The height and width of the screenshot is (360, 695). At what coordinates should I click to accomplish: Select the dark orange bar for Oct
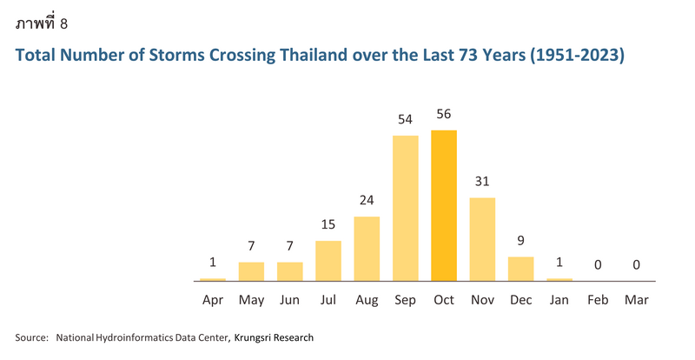click(x=444, y=205)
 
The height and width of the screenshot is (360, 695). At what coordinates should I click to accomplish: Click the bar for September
click(x=405, y=208)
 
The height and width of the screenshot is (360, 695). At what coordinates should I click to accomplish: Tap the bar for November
click(x=482, y=239)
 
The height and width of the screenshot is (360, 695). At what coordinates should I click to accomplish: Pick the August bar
click(x=367, y=249)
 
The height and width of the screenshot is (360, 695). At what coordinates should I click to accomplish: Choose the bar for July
click(x=328, y=261)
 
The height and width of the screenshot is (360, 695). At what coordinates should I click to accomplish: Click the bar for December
click(x=520, y=269)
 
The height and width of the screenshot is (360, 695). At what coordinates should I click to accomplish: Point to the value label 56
click(x=444, y=114)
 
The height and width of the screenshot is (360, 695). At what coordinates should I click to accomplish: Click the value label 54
click(x=405, y=119)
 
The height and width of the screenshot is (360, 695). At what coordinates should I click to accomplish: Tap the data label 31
click(x=482, y=181)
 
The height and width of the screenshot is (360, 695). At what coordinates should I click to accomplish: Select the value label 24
click(x=367, y=200)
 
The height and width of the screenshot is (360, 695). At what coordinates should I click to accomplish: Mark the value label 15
click(x=328, y=224)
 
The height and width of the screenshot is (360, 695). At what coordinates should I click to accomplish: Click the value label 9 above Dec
click(x=520, y=241)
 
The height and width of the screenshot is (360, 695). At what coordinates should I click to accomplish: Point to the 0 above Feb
click(x=598, y=265)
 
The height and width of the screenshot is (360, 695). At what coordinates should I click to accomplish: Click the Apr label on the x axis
click(x=213, y=301)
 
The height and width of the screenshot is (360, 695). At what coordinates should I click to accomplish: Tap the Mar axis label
click(x=637, y=300)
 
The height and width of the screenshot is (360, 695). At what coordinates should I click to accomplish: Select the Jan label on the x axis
click(x=559, y=300)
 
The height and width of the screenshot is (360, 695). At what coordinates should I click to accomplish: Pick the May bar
click(x=251, y=271)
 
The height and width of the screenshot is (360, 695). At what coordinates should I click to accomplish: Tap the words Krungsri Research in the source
click(x=274, y=337)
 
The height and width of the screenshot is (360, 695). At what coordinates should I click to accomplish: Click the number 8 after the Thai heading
click(x=63, y=23)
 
